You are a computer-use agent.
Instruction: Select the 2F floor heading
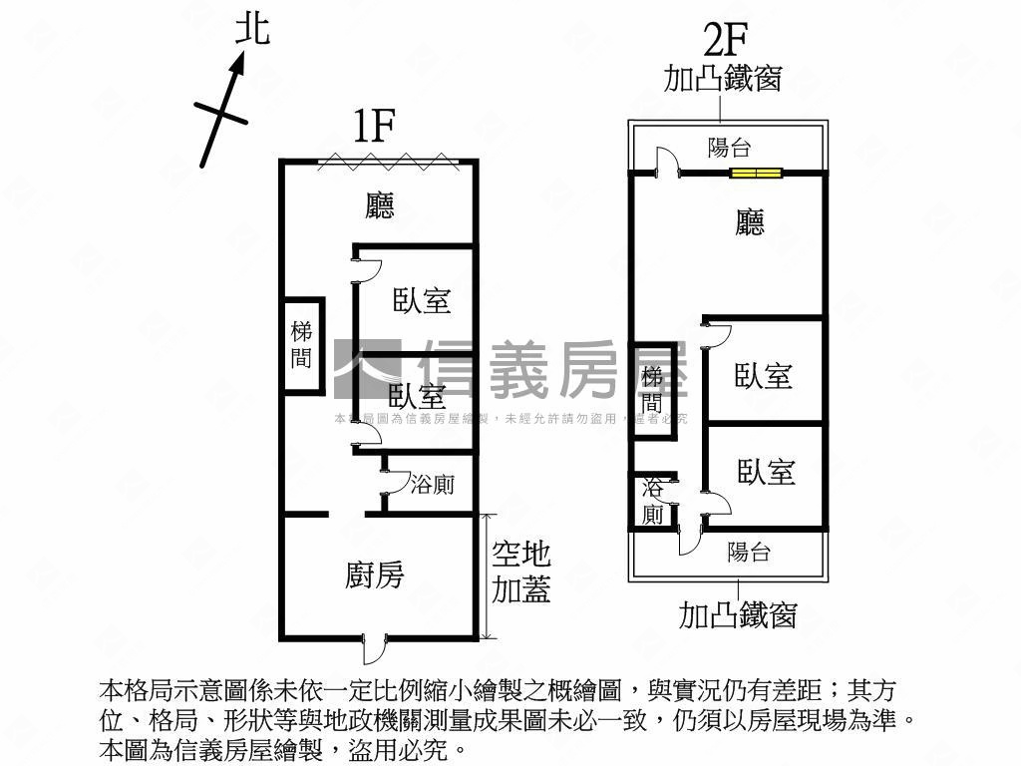point(725,41)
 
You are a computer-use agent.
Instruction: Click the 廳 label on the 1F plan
point(380,205)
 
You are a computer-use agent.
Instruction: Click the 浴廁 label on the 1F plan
point(432,485)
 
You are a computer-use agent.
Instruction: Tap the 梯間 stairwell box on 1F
point(302,345)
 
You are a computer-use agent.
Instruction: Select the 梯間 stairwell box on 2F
point(653,389)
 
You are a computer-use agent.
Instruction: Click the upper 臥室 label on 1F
point(422,300)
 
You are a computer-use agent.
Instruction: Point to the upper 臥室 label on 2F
point(764,376)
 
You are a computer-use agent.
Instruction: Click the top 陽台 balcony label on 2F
point(729,148)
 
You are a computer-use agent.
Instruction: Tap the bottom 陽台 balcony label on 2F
point(749,552)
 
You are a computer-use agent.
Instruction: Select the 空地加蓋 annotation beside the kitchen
point(521,573)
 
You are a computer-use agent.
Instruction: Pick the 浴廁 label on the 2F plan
point(653,501)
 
